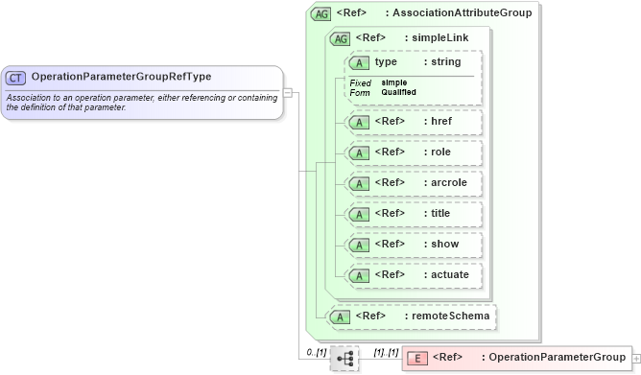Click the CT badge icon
[16, 77]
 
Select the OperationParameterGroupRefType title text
[121, 77]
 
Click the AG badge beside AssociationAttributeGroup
[321, 14]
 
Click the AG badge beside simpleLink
[340, 38]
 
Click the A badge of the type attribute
[360, 62]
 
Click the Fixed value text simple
[393, 82]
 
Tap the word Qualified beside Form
[400, 92]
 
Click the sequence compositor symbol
[344, 359]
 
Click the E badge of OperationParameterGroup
[417, 358]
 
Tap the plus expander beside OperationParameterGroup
[636, 358]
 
